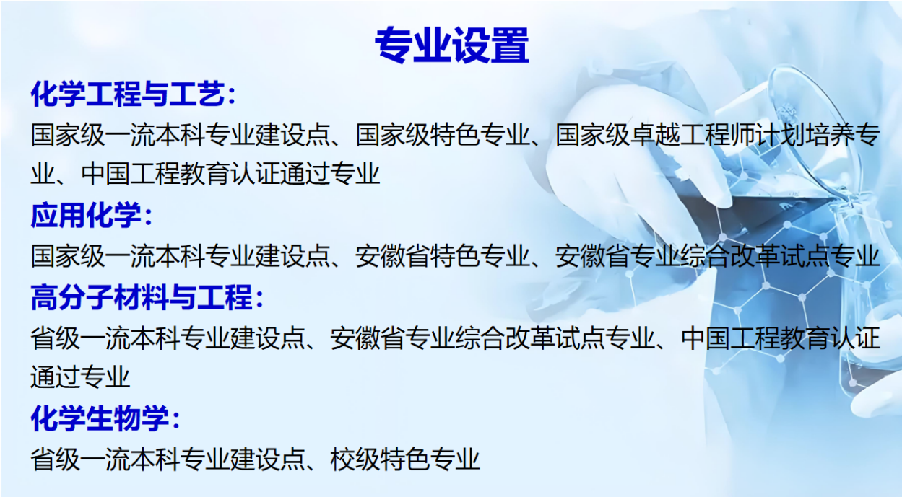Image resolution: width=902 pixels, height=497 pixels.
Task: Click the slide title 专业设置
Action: [452, 45]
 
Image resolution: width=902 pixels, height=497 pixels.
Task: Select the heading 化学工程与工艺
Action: [127, 94]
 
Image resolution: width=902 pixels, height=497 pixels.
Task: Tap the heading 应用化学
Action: [86, 215]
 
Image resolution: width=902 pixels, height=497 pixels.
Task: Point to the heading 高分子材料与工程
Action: [142, 297]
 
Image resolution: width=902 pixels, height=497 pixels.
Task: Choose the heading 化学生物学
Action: [100, 418]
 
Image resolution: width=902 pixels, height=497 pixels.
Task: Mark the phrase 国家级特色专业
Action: [442, 135]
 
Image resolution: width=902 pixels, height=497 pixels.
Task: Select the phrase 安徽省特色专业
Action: [442, 256]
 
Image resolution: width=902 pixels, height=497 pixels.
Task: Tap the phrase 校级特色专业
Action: [404, 459]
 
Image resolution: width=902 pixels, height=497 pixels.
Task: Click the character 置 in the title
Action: [510, 45]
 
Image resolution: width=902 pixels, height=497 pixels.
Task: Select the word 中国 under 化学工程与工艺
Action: [106, 174]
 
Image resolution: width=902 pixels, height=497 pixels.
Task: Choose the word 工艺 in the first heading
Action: [197, 94]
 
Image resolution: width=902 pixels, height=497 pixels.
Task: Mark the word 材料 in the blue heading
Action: [142, 297]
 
